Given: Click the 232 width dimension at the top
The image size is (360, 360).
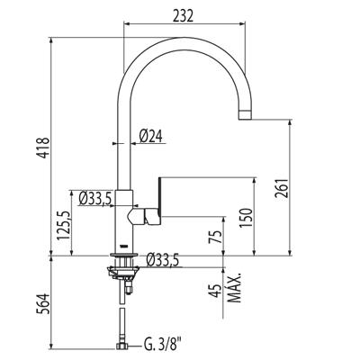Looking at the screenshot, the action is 183,15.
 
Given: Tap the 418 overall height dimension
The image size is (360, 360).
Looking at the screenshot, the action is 44,148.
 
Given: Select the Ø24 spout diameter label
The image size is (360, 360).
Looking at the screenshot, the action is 151,137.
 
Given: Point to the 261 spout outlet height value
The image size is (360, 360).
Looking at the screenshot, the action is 282,188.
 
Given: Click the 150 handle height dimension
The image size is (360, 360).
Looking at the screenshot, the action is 246,218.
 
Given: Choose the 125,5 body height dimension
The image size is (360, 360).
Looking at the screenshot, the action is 64,225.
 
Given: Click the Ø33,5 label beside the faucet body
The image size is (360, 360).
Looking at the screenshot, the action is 95,198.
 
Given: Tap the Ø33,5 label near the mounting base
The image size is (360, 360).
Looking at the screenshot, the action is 163,260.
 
